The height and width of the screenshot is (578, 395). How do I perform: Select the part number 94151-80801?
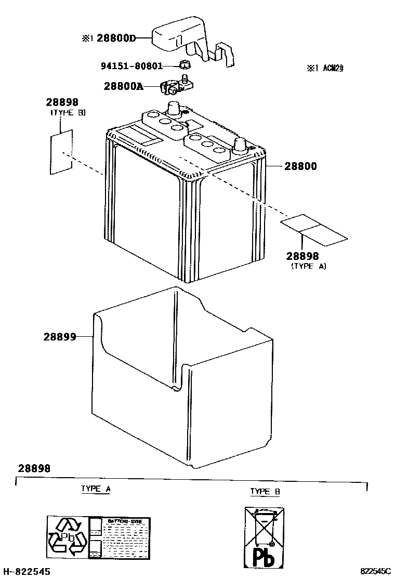pos(131,66)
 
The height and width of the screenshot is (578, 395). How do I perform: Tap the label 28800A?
pos(123,87)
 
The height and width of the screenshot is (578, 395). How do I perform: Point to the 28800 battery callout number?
pos(300,166)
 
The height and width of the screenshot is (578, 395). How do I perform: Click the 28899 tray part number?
pos(60,337)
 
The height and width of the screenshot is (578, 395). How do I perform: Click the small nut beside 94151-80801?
pos(183,65)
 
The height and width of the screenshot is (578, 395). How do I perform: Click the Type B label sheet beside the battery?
pos(61,152)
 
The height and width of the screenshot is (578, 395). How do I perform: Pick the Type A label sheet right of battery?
pos(314,230)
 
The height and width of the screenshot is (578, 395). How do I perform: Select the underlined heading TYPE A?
pos(96,489)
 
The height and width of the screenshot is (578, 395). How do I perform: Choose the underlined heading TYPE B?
pos(265,491)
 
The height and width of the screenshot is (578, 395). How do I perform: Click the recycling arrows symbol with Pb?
pos(68,535)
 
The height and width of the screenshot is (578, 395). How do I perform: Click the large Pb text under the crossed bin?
pos(264,556)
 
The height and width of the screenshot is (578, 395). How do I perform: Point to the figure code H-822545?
pos(27,571)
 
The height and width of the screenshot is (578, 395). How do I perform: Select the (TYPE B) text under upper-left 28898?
pos(68,113)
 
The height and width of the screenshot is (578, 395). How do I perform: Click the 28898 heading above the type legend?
pos(34,468)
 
